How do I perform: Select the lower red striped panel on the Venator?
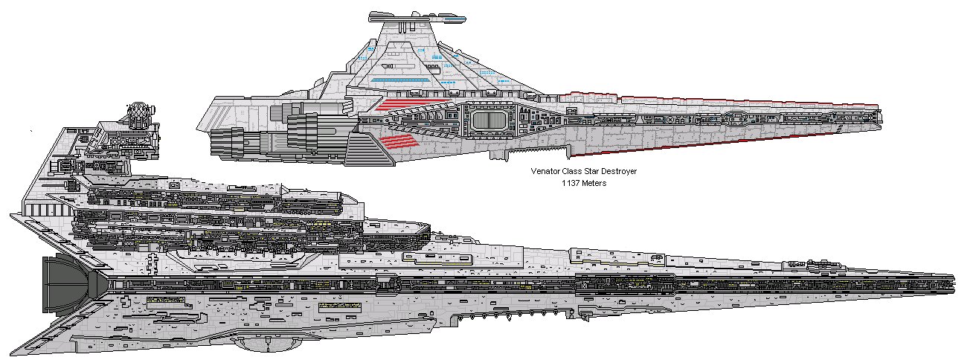pyautogui.click(x=401, y=141)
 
